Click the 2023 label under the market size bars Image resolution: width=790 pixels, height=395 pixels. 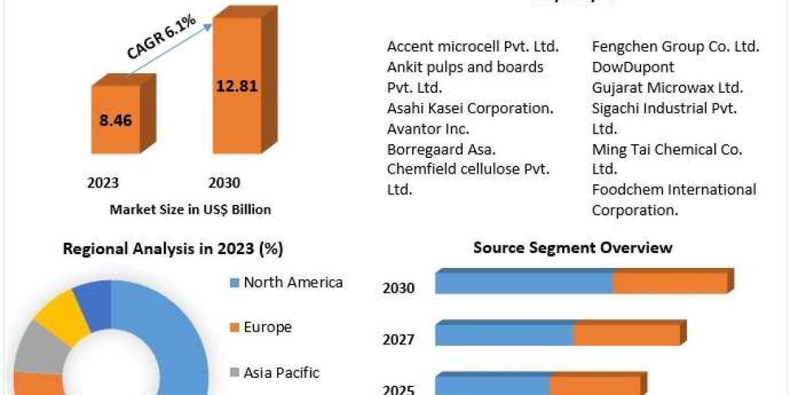coord(103,182)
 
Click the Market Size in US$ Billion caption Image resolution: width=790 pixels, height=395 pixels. coord(190,209)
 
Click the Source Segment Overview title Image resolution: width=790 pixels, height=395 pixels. coord(573,248)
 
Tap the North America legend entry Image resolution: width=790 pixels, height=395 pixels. coord(286,282)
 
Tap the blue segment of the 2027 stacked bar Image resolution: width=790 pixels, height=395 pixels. coord(504,335)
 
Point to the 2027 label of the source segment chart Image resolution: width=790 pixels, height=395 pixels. coord(398,340)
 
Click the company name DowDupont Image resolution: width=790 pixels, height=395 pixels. coord(633,67)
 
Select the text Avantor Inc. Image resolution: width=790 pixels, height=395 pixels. coord(428,128)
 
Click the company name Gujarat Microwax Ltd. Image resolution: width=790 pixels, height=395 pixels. coord(667,88)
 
